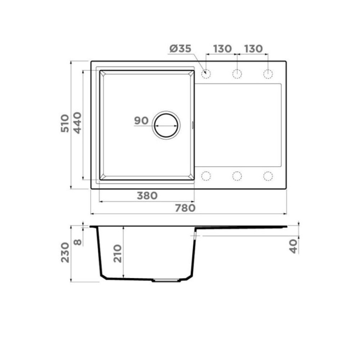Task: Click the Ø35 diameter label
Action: click(180, 49)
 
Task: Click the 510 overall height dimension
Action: click(65, 123)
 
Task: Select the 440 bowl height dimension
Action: click(77, 123)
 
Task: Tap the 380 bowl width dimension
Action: click(147, 196)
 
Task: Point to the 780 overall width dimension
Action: click(185, 208)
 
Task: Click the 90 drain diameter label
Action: click(141, 121)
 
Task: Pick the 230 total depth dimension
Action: click(65, 253)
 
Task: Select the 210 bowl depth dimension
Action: click(118, 254)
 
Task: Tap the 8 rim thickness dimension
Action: click(78, 242)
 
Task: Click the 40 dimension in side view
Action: click(293, 246)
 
